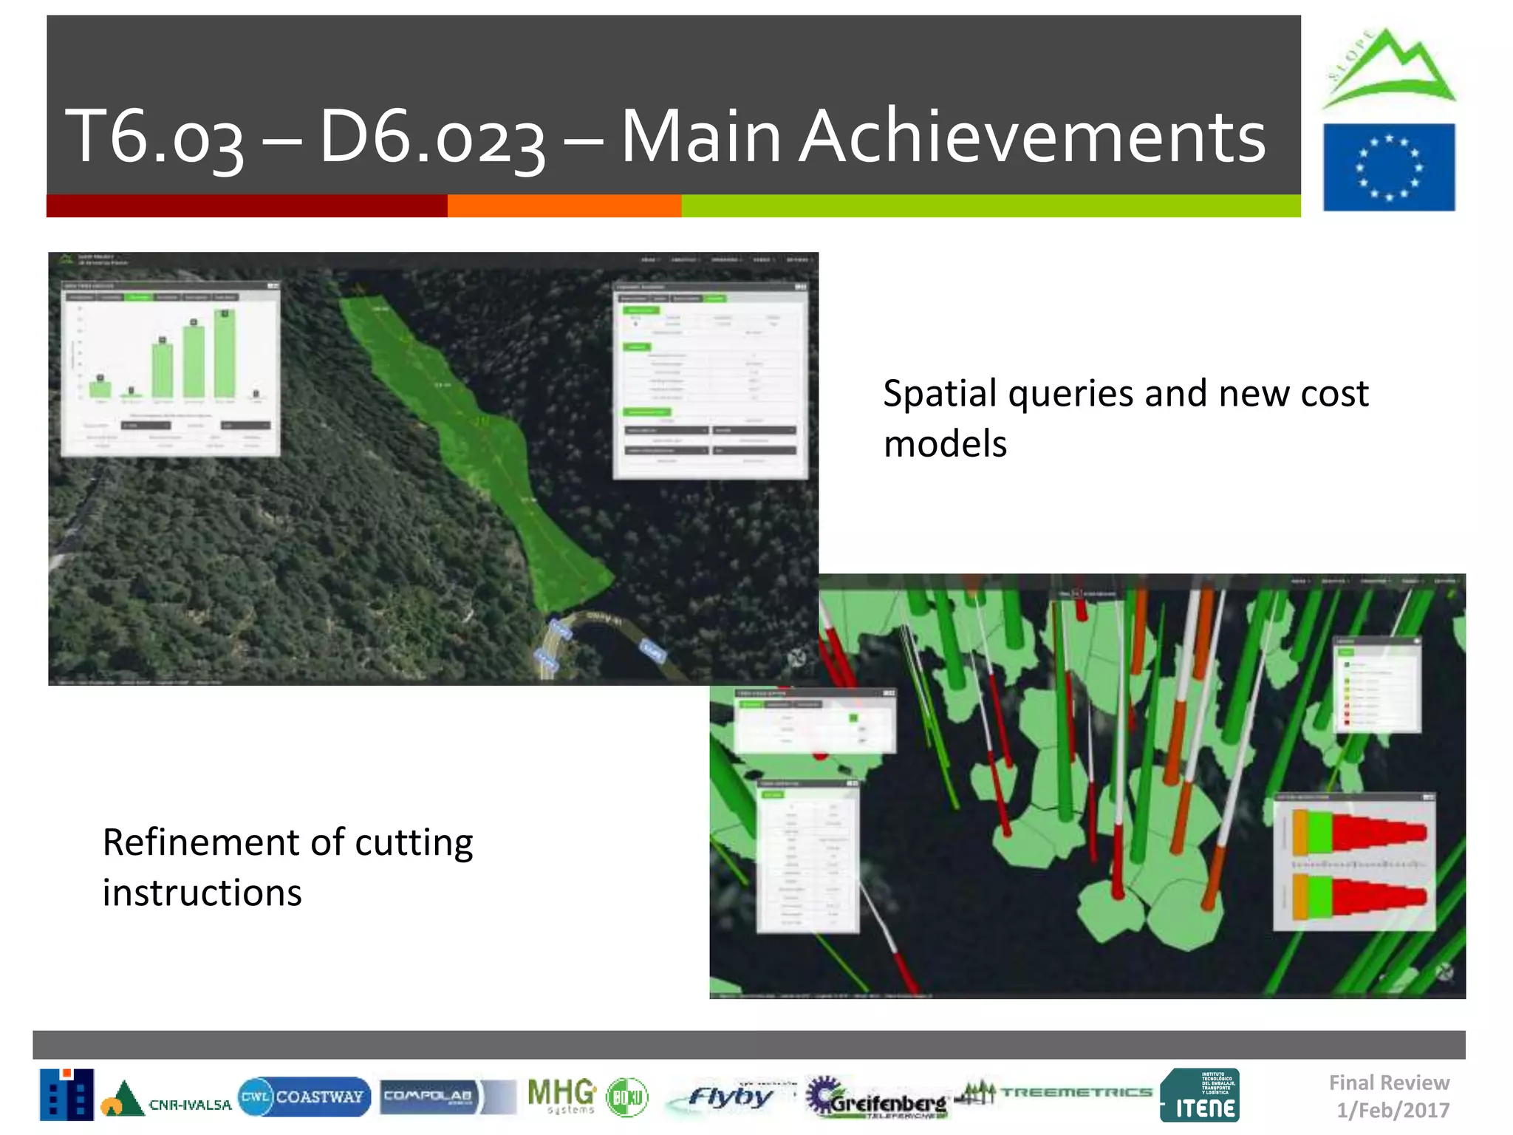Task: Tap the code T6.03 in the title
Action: (154, 137)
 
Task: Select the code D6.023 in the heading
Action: (432, 137)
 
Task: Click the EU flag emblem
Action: (1388, 167)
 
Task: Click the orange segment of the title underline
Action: (564, 205)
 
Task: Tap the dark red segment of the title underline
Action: (246, 205)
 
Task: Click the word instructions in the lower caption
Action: (202, 893)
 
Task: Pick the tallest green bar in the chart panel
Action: (225, 354)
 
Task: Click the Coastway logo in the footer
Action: (304, 1097)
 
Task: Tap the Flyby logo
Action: (728, 1097)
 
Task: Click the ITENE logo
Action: (1199, 1095)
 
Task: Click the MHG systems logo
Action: (561, 1095)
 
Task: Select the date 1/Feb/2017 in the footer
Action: (1393, 1110)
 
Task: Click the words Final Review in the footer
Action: (1388, 1083)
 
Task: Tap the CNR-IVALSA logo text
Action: (190, 1105)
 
